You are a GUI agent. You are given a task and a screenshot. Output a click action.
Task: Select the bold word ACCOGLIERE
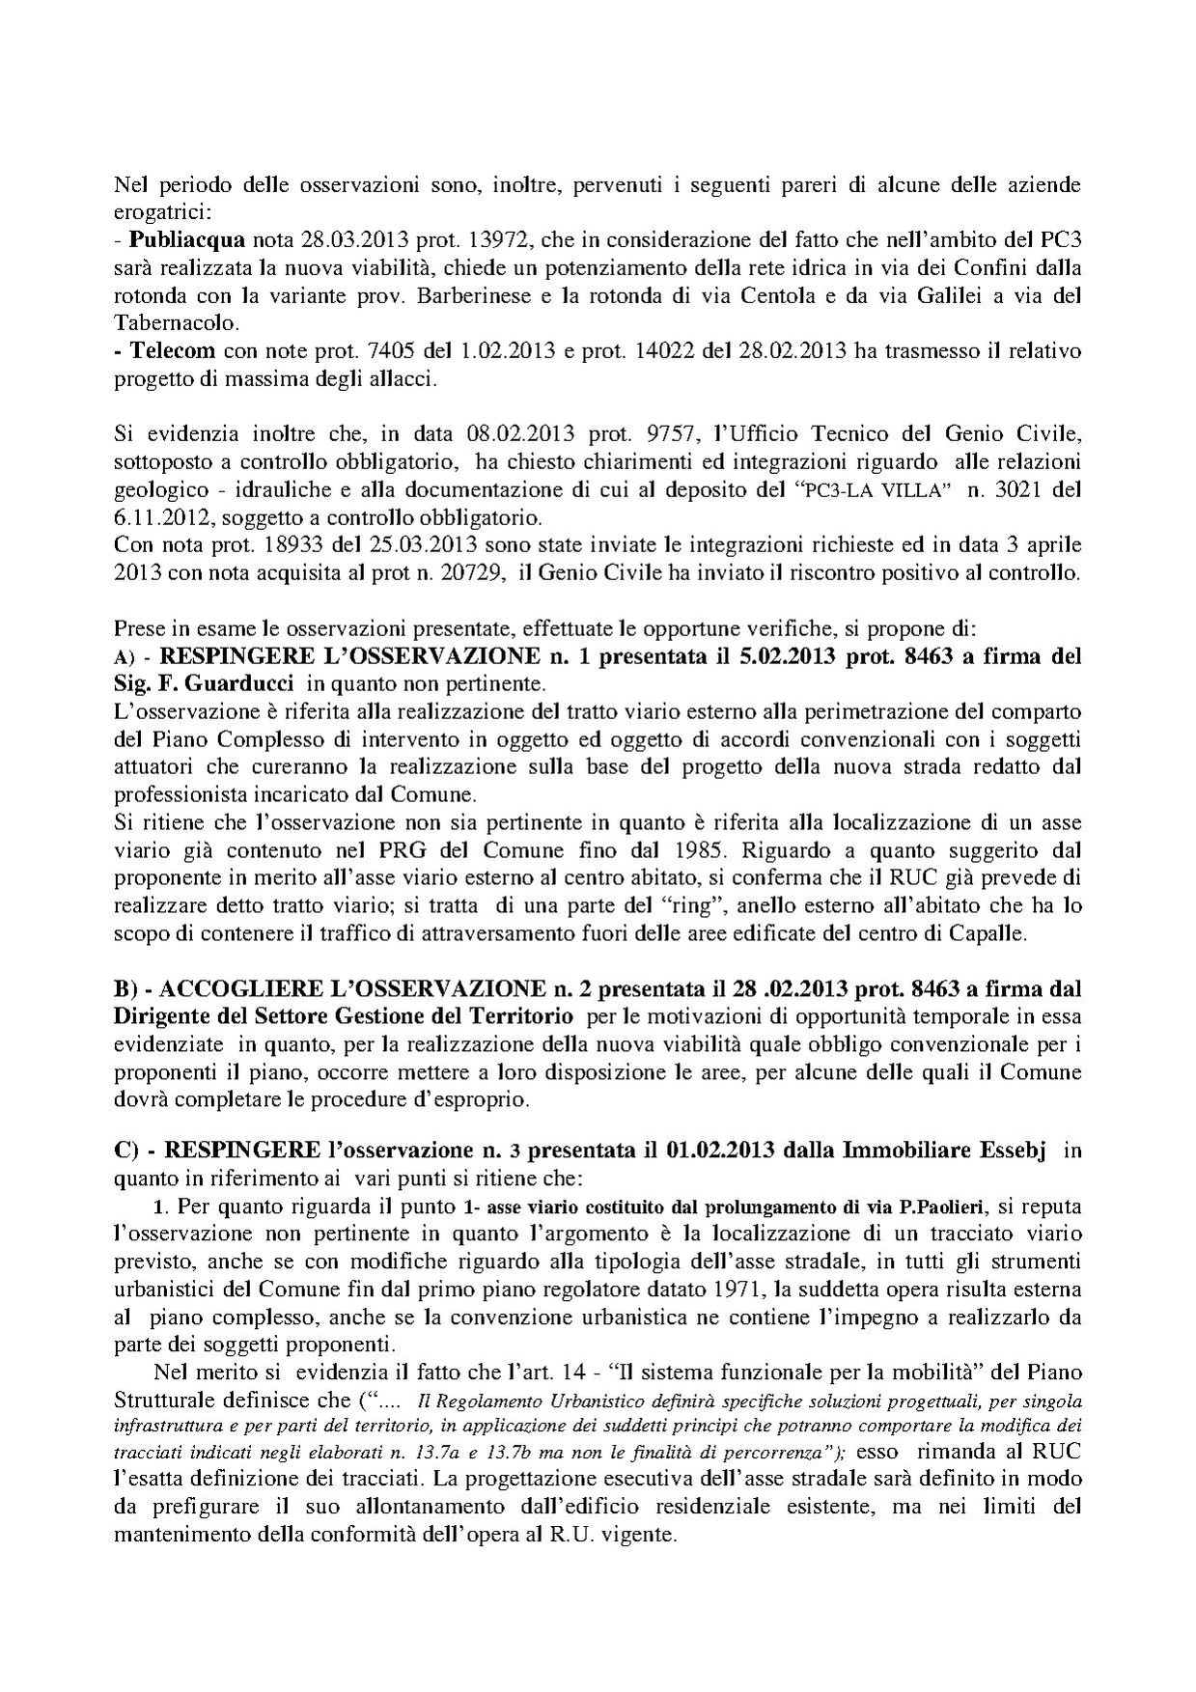click(x=248, y=989)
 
